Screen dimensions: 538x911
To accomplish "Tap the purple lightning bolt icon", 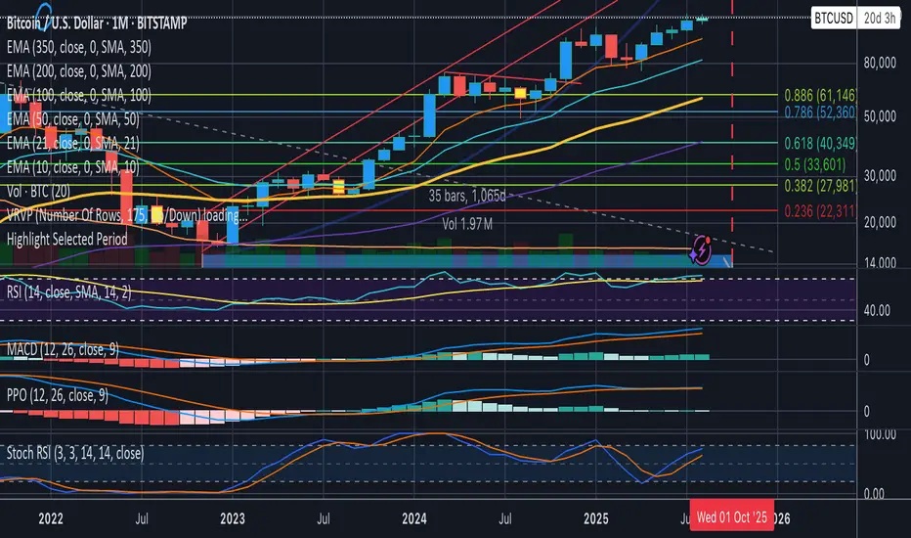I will click(701, 250).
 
